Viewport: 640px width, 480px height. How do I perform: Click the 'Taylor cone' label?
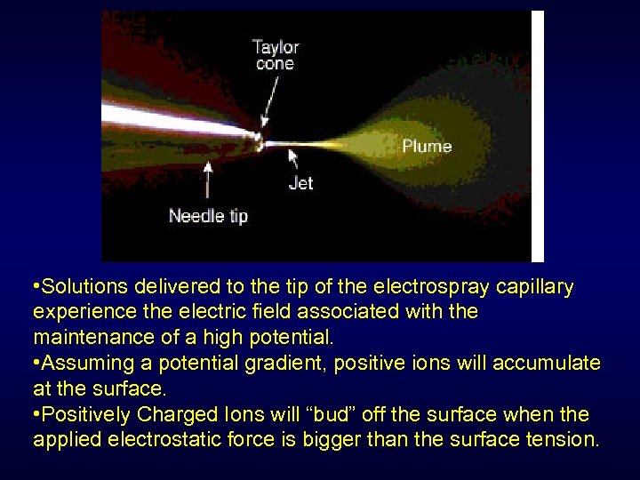[x=275, y=54]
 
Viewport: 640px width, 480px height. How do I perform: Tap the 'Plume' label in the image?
[x=427, y=146]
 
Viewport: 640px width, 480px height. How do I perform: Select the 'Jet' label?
[x=301, y=184]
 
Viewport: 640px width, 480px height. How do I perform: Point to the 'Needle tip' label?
[x=208, y=215]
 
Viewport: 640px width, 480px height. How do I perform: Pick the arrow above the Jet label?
[x=292, y=157]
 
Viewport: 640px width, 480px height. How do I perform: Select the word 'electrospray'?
[x=423, y=287]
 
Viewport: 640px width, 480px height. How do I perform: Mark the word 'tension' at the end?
[x=565, y=439]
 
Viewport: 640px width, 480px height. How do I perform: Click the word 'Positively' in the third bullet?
[x=89, y=414]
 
